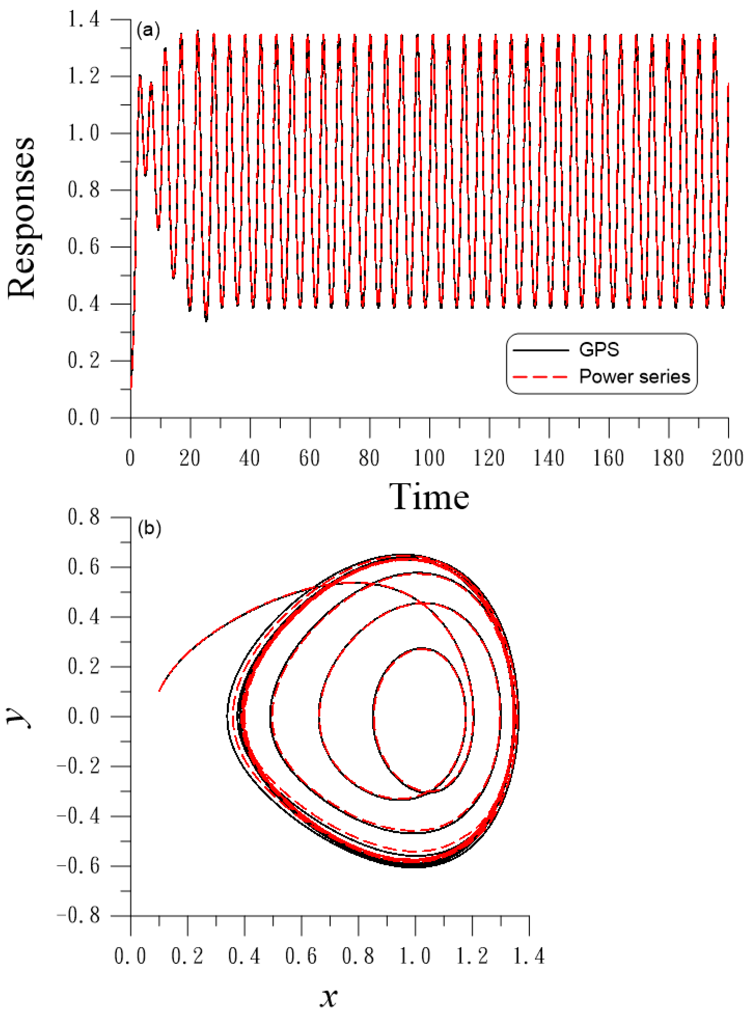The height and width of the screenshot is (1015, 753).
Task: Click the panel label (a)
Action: click(x=148, y=31)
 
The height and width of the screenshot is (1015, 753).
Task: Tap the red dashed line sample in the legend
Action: click(x=541, y=377)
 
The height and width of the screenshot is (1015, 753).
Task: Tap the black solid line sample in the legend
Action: click(x=541, y=350)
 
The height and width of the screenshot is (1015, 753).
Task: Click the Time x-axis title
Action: click(x=429, y=497)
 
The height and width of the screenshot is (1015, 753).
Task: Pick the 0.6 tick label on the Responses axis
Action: click(x=83, y=247)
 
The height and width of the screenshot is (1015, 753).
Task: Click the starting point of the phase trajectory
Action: click(x=159, y=691)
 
